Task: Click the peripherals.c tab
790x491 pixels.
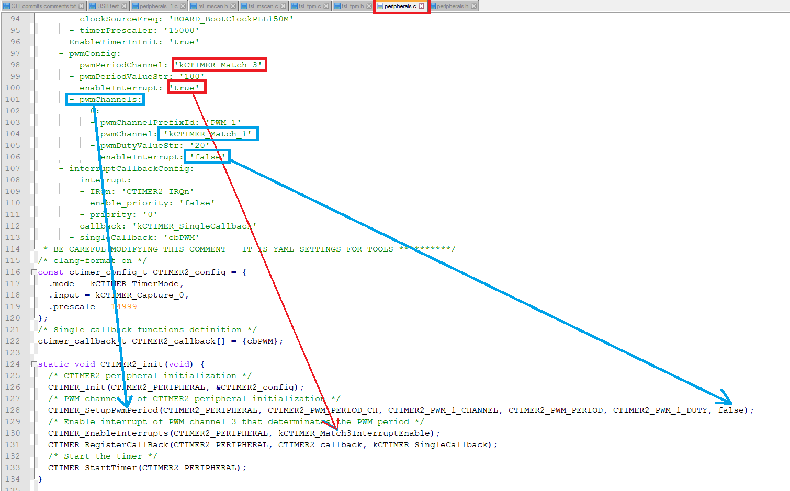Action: pos(400,6)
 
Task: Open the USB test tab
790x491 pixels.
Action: pos(108,6)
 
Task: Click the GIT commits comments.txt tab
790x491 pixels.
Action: pos(43,6)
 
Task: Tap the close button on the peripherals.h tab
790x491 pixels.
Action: pos(473,6)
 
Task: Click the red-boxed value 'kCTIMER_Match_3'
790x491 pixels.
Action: pos(220,65)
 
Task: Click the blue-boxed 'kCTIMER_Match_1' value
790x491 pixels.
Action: pos(208,134)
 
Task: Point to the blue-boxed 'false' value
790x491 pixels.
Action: pos(207,157)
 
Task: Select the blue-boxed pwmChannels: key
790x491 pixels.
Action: pos(105,99)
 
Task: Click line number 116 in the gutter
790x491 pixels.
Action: pos(13,272)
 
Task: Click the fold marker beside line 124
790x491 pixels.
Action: pos(34,364)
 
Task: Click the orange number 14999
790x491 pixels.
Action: pos(124,306)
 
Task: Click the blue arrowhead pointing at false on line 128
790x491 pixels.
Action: pos(727,398)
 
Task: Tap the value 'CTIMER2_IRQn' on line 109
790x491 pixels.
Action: pos(157,191)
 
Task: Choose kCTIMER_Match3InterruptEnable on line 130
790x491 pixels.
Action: pos(356,433)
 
